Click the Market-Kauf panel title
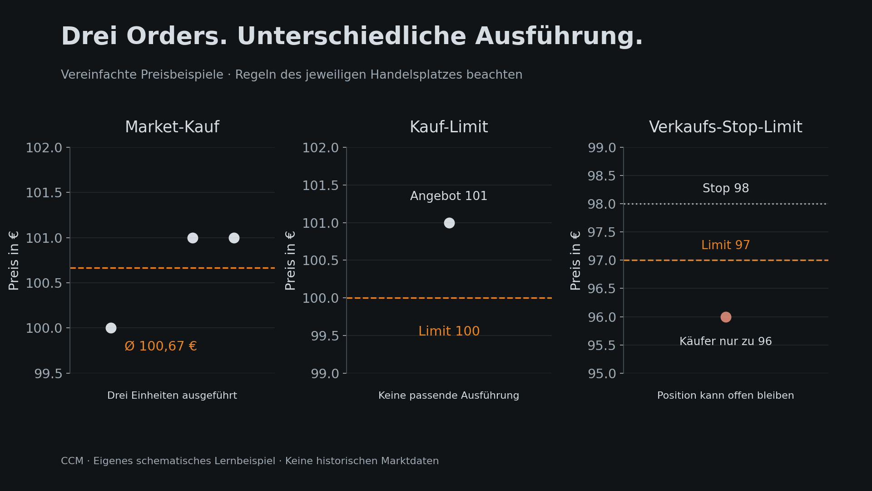coord(172,127)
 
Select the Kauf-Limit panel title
coord(449,127)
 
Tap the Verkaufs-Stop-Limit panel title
coord(725,127)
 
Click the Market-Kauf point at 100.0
coord(111,328)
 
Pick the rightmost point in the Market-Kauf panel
coord(234,238)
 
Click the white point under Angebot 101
coord(449,223)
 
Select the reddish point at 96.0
coord(726,317)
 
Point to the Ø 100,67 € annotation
coord(161,346)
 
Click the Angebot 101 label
coord(449,196)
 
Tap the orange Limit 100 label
coord(449,331)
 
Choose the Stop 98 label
coord(726,188)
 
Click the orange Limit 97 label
coord(726,245)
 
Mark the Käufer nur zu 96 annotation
coord(726,341)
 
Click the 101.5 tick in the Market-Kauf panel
coord(44,193)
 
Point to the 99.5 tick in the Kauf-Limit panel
coord(325,336)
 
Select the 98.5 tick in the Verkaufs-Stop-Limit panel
coord(602,176)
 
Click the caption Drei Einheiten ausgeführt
coord(172,396)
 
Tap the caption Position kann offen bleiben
coord(726,396)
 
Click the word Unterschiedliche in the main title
coord(352,36)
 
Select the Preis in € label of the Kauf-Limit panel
coord(290,261)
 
